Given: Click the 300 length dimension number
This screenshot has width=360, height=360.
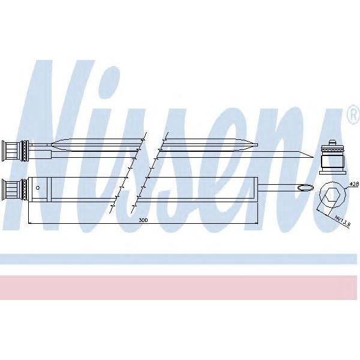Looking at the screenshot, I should [x=142, y=221].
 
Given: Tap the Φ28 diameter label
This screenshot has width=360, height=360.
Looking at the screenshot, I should [x=353, y=184].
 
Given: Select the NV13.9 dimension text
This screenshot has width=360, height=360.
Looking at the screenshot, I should [x=341, y=220].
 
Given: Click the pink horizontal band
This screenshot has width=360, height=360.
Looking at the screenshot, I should [x=180, y=287].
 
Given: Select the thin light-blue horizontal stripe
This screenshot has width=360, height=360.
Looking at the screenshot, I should [x=180, y=259].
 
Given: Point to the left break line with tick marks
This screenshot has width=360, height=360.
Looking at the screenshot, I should [x=128, y=174].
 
